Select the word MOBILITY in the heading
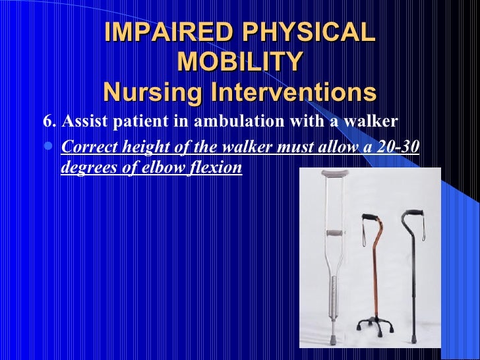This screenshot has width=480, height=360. click(239, 62)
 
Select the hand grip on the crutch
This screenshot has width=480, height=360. click(335, 232)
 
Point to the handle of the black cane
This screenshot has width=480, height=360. click(413, 214)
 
